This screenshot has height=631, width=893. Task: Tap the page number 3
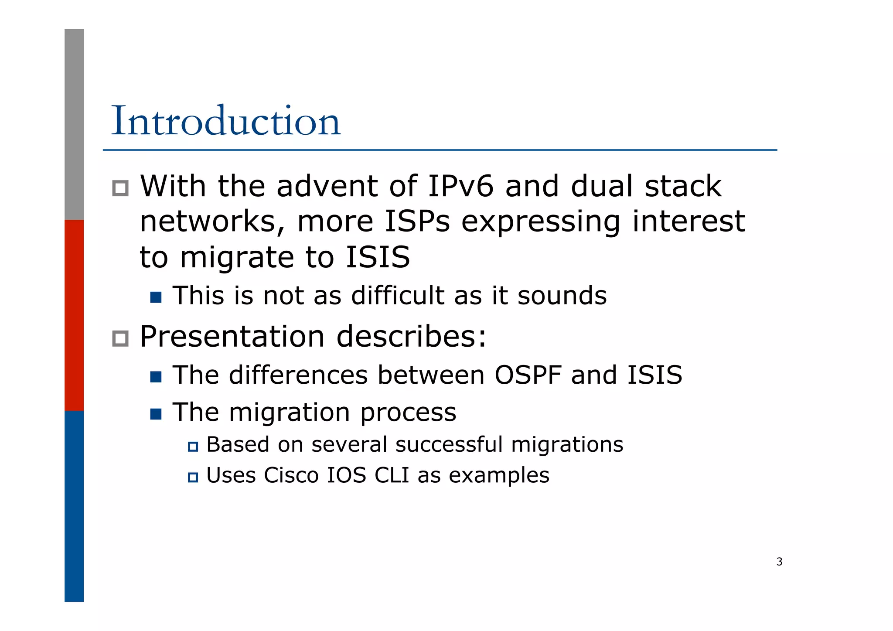[x=779, y=562]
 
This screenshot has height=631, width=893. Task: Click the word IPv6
[x=461, y=186]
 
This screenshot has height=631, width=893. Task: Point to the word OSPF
[x=528, y=375]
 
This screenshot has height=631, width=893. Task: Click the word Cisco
[x=291, y=475]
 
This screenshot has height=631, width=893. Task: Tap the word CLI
[x=392, y=475]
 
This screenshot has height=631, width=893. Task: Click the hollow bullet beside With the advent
[x=120, y=188]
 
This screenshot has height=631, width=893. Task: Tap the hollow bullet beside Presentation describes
[x=120, y=338]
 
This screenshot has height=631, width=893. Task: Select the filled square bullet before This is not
[x=156, y=297]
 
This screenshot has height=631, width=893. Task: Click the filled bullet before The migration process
[x=156, y=414]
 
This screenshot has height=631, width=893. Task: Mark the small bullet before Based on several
[x=193, y=447]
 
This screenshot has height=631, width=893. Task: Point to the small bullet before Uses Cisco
[x=193, y=477]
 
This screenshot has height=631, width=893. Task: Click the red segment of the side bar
[x=74, y=315]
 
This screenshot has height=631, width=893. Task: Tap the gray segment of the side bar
[x=74, y=124]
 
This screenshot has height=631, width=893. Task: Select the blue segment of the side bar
[x=74, y=506]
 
